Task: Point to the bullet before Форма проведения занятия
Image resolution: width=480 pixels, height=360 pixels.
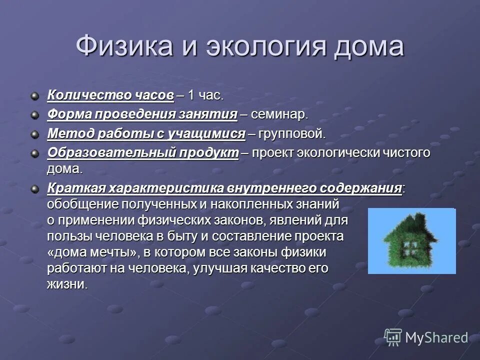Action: pos(34,115)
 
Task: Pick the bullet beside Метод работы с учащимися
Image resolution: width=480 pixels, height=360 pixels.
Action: pos(34,134)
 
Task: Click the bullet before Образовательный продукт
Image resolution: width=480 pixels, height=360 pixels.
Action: pos(34,152)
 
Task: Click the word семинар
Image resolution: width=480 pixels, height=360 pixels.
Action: pos(279,115)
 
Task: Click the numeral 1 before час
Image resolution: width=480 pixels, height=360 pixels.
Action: pos(191,95)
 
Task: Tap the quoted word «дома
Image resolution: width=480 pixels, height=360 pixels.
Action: pos(65,251)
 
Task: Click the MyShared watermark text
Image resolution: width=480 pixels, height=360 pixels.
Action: pos(436,337)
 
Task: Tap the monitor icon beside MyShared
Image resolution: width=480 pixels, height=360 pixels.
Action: pos(393,337)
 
